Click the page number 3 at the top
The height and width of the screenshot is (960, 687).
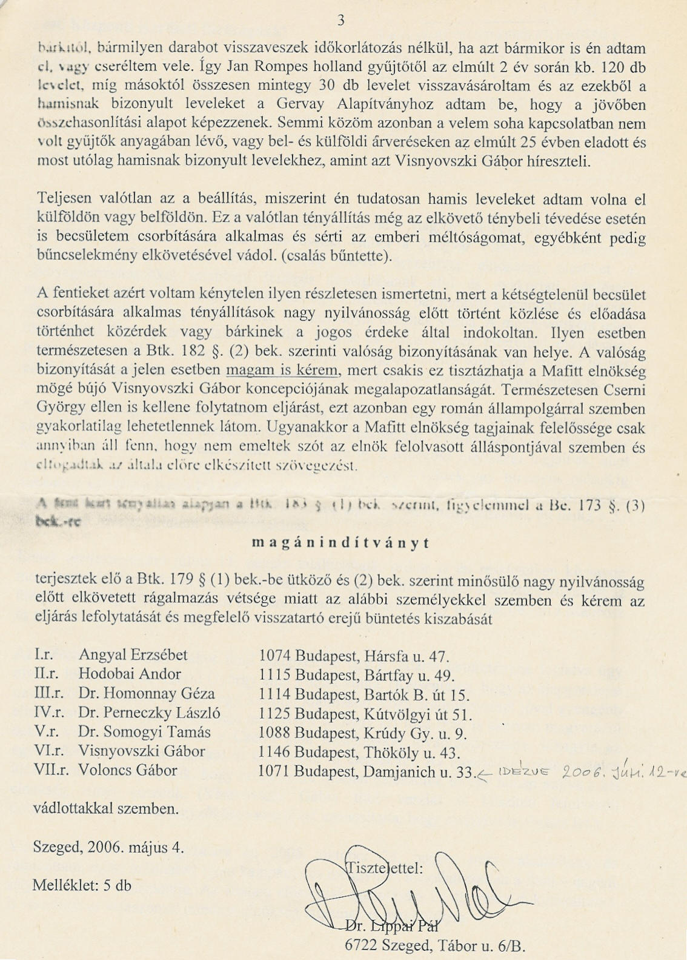341,20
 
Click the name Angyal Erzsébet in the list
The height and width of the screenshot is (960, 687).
133,655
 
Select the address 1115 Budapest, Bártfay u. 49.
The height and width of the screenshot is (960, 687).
356,675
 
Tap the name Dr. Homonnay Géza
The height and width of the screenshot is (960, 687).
146,694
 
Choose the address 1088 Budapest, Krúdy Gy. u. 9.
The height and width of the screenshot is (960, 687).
362,733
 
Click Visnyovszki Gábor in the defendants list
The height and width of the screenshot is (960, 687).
142,752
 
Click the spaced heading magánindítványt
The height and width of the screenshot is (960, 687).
340,543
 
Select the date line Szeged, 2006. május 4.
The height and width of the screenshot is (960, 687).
108,847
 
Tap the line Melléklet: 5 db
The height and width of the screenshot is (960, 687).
82,885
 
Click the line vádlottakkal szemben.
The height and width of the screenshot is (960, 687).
105,808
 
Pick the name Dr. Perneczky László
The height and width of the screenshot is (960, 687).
149,713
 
